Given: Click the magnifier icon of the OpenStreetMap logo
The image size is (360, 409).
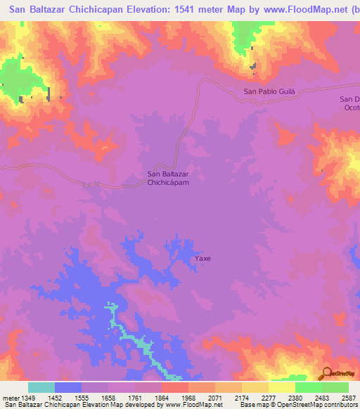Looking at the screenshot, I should tap(328, 373).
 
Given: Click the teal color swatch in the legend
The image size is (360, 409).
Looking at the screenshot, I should tap(41, 387).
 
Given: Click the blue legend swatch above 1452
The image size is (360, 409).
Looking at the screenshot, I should tap(67, 387).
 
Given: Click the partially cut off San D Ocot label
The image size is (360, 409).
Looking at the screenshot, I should tap(349, 103).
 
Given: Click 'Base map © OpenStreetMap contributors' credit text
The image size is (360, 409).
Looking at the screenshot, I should tap(298, 405).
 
